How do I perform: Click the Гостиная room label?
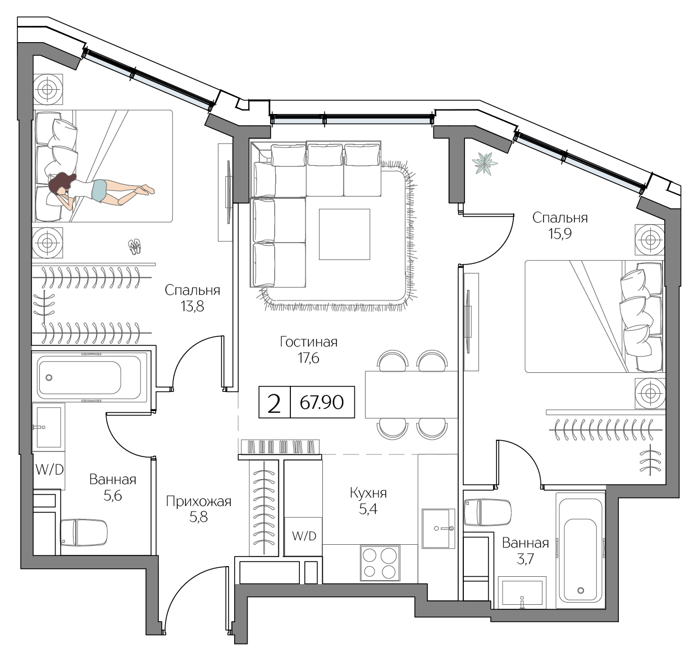click(308, 342)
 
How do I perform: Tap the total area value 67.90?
click(322, 402)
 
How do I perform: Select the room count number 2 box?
click(274, 403)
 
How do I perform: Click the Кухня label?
click(368, 493)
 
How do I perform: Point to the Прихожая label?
click(198, 502)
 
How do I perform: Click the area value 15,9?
click(559, 234)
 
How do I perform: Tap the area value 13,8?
click(192, 306)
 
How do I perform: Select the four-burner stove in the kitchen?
click(380, 563)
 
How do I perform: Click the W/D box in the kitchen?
click(304, 536)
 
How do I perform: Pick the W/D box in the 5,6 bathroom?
click(49, 469)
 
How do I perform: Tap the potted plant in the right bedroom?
click(485, 164)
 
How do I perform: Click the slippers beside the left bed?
click(134, 245)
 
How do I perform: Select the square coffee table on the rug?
click(344, 234)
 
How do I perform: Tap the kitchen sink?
click(438, 528)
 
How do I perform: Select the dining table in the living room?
click(411, 394)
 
